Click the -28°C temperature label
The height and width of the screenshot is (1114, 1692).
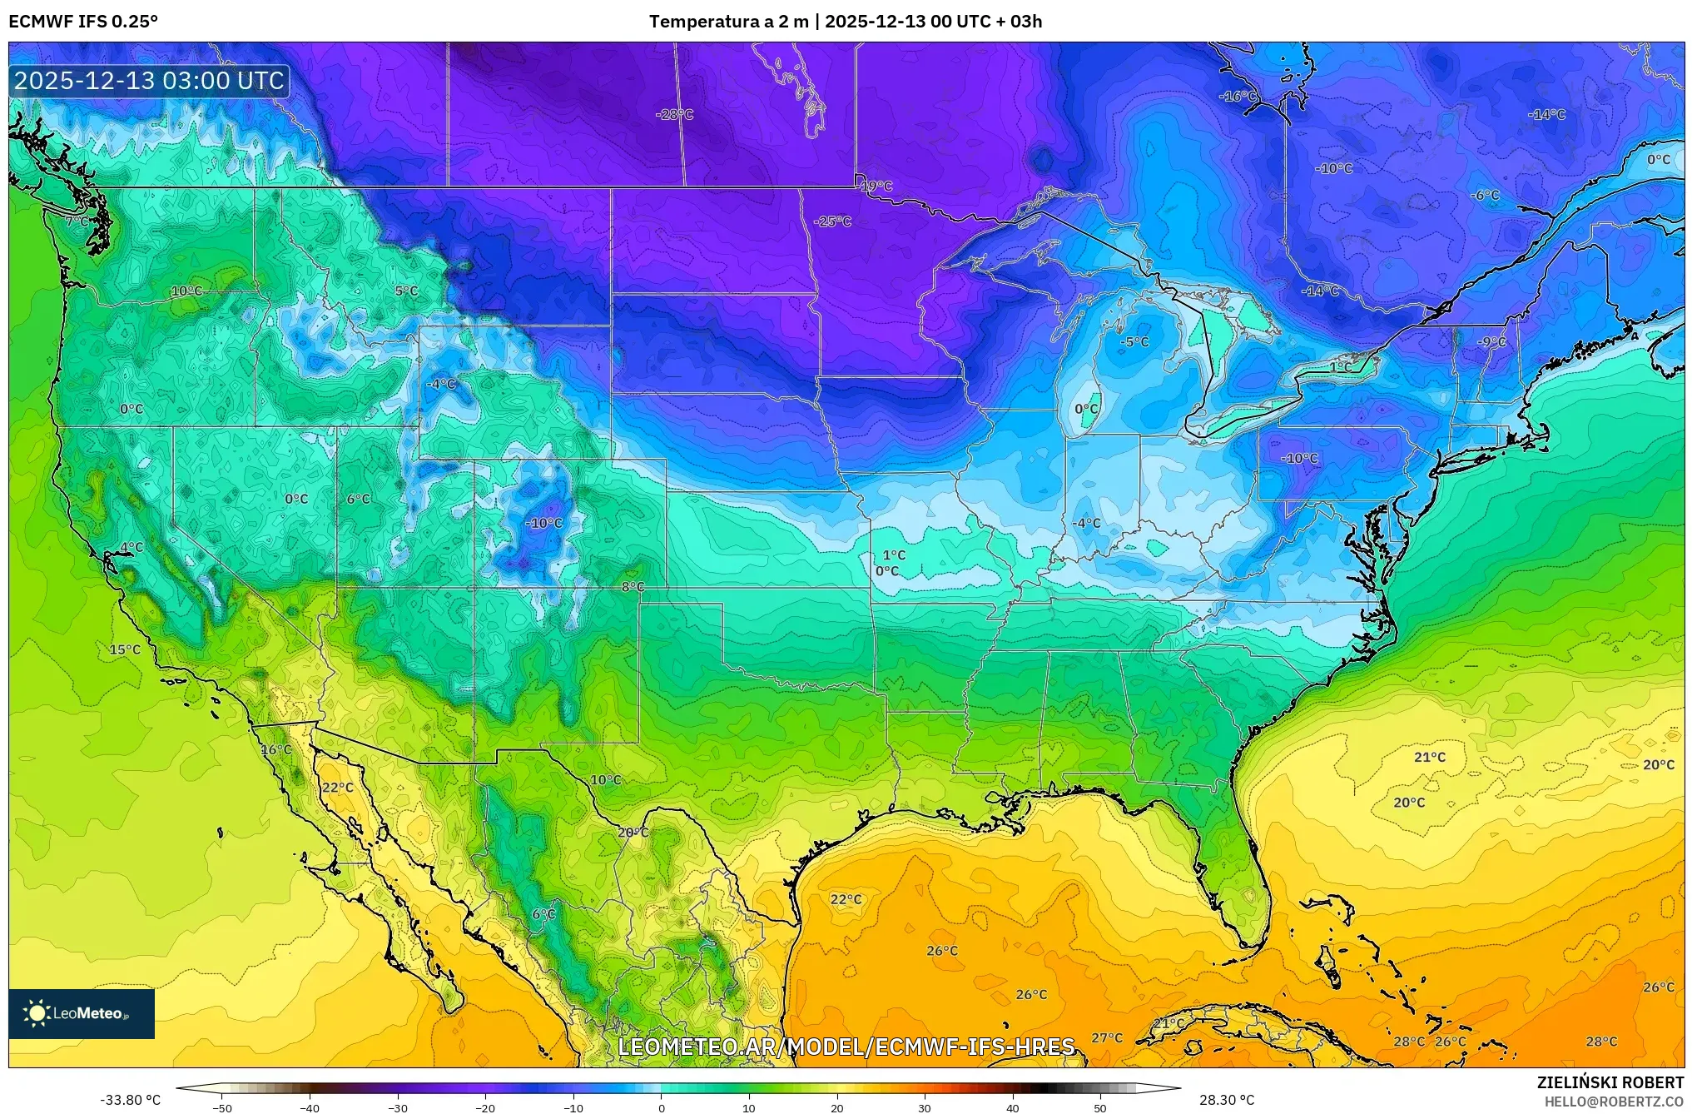674,114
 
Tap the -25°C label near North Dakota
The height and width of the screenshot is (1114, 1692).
832,221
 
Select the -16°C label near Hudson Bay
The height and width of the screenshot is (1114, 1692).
1238,97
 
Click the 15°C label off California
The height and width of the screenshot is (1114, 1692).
125,649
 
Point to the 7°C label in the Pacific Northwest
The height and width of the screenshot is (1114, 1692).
77,221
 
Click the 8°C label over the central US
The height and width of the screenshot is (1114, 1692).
633,587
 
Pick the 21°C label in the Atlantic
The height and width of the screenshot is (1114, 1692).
1429,757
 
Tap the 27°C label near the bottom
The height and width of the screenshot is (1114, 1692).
1107,1037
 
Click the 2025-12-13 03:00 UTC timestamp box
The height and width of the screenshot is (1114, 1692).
150,81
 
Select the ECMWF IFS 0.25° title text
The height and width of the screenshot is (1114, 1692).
83,22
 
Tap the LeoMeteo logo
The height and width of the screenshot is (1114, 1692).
82,1013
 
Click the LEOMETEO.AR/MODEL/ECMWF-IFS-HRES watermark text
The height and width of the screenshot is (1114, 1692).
846,1047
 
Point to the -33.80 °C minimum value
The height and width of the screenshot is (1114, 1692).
131,1100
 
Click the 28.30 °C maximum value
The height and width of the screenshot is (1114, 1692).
1226,1100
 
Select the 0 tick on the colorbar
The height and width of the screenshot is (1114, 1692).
662,1107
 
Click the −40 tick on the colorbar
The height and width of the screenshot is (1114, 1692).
310,1107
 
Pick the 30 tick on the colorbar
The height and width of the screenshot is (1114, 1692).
925,1107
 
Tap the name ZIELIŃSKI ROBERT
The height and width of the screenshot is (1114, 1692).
1610,1082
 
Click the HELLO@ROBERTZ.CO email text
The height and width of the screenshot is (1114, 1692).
1614,1101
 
